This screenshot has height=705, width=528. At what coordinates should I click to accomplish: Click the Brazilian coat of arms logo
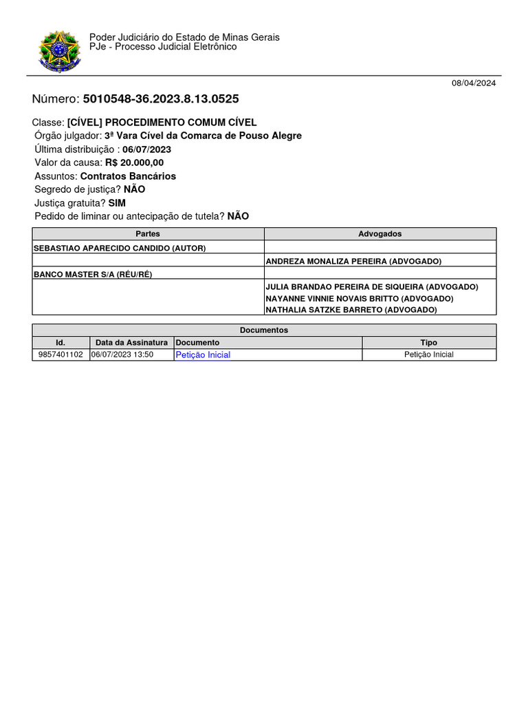[59, 51]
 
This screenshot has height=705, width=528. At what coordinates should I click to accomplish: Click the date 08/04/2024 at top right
[473, 83]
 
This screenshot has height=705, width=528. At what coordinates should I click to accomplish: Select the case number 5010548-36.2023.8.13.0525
[161, 99]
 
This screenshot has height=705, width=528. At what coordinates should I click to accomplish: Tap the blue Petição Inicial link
[203, 355]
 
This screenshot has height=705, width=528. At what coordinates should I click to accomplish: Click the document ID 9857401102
[60, 355]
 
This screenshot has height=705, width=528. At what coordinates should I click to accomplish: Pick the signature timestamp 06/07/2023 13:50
[122, 355]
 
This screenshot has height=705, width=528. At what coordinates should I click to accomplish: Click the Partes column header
[148, 234]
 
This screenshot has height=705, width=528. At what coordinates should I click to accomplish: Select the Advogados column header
[379, 234]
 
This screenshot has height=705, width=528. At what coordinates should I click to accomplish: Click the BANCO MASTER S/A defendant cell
[93, 274]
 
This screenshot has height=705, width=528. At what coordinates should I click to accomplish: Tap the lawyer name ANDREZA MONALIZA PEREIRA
[353, 262]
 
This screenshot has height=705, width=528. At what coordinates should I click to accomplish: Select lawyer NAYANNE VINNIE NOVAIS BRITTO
[359, 299]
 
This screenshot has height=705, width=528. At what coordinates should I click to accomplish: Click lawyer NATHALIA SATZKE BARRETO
[351, 311]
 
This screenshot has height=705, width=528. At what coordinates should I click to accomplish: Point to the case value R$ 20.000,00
[134, 163]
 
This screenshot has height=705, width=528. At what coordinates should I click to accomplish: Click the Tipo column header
[428, 343]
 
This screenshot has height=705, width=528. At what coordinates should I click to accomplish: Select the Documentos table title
[264, 330]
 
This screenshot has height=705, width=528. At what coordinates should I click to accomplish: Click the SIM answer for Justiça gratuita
[117, 203]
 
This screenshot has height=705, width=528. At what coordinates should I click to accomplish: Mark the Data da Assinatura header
[131, 343]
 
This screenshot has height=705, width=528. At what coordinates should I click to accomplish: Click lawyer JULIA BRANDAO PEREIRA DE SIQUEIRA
[371, 287]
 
